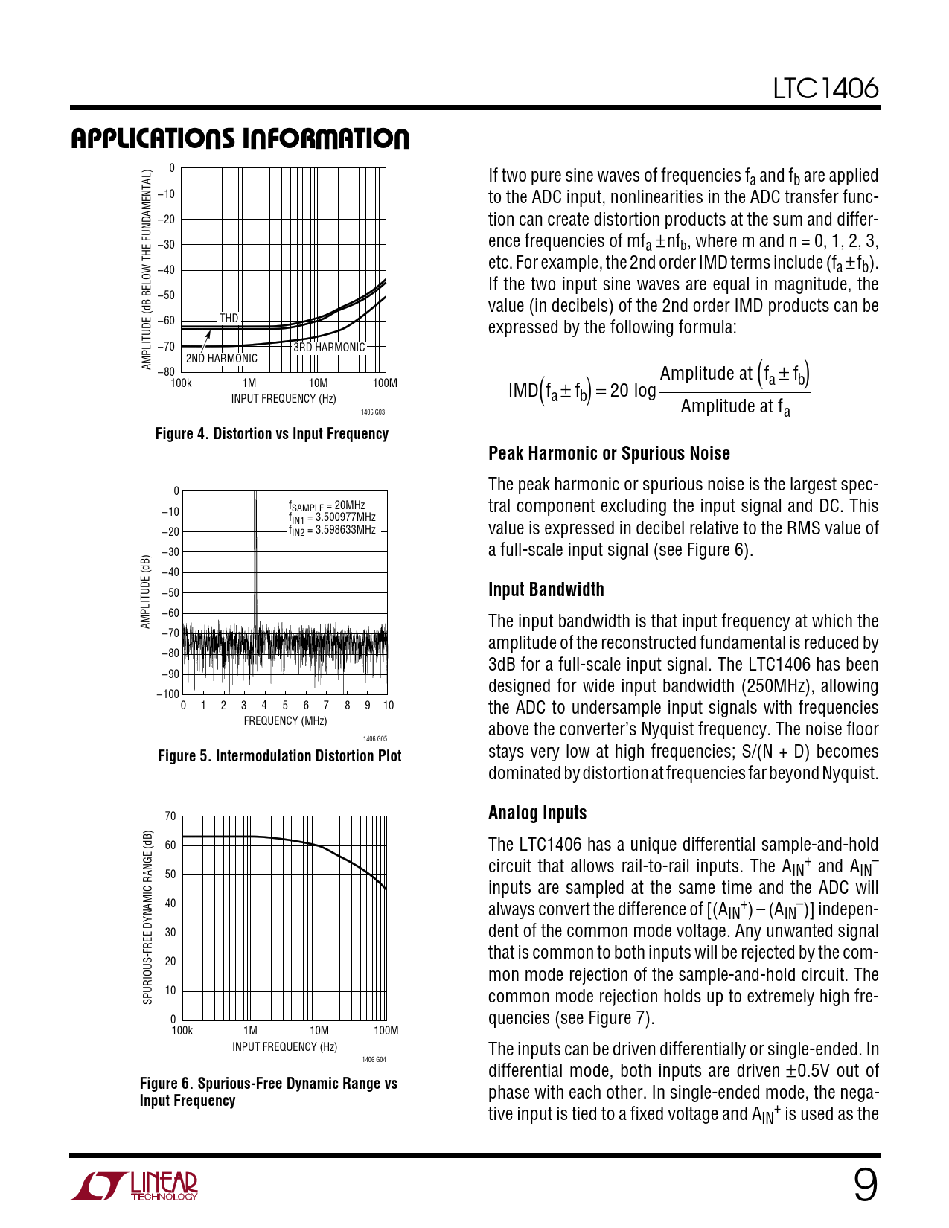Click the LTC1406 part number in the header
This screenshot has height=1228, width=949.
click(825, 89)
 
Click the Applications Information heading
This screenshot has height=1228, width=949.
click(240, 139)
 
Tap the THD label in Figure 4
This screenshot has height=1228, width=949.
click(229, 319)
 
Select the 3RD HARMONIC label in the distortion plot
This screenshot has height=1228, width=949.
click(329, 348)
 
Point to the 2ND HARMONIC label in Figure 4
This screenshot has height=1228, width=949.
click(221, 359)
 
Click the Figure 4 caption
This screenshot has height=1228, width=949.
click(272, 434)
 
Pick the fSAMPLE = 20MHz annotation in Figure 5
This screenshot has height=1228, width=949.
click(327, 505)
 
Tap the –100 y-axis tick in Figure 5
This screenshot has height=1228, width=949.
click(169, 694)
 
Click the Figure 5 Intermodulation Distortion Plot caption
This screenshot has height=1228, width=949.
click(279, 756)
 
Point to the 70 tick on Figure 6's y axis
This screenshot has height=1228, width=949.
click(170, 816)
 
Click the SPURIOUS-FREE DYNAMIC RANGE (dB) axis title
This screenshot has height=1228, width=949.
click(147, 917)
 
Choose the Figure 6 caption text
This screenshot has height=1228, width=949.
click(268, 1092)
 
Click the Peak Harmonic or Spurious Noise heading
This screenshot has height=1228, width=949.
click(609, 454)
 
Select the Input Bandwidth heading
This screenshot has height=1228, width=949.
click(546, 590)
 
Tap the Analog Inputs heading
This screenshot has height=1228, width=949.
click(537, 813)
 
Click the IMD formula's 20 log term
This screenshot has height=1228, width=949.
click(633, 391)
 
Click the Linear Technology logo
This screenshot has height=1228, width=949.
click(134, 1186)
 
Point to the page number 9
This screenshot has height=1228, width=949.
click(865, 1185)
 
